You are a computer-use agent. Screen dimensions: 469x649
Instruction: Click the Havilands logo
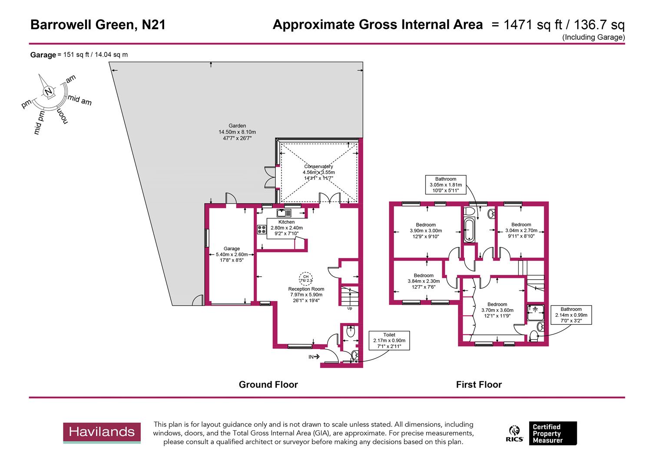point(102,433)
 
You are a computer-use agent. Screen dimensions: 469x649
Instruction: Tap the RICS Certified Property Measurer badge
point(543,433)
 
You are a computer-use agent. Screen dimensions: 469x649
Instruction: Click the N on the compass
point(49,92)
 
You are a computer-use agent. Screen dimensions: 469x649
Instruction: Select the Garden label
point(237,132)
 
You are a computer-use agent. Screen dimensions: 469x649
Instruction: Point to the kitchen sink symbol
point(285,213)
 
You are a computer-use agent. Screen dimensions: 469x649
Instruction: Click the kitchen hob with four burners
point(262,229)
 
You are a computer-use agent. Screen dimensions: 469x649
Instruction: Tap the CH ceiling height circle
point(305,278)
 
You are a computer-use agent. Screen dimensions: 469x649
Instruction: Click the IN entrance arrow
point(314,357)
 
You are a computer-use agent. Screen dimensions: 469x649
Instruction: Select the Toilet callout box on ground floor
point(389,340)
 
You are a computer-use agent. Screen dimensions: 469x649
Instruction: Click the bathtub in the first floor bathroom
point(469,230)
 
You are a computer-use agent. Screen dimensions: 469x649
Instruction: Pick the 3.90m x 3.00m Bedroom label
point(425,231)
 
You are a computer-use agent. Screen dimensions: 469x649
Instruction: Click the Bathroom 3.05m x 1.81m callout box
point(445,185)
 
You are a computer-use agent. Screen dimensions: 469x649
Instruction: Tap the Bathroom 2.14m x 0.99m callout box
point(571,315)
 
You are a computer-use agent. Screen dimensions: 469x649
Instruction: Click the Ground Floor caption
point(268,384)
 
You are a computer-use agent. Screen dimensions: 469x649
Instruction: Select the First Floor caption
point(479,384)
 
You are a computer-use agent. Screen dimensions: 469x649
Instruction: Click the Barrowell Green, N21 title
point(98,25)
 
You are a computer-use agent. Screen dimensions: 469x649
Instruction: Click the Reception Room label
point(306,294)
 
